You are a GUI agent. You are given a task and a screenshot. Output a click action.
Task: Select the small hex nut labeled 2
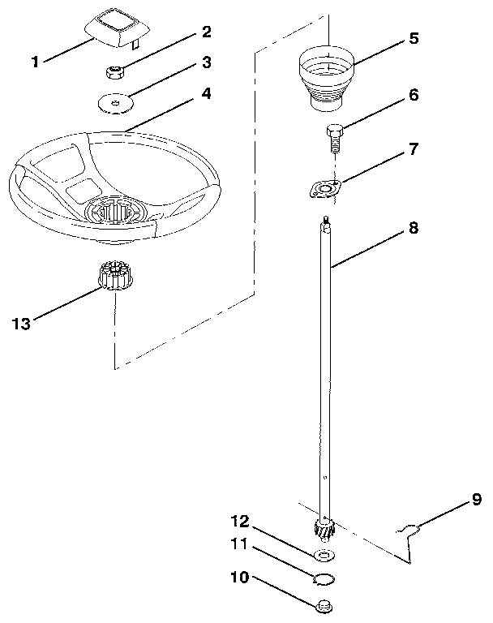coord(115,71)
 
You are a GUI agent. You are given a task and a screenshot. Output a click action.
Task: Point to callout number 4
coord(206,93)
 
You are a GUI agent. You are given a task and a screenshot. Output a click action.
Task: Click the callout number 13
coord(24,323)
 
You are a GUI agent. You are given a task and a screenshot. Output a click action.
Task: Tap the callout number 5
coord(413,37)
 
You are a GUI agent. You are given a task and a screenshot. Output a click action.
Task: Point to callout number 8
coord(413,229)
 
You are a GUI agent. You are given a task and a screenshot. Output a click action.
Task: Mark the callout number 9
coord(477,501)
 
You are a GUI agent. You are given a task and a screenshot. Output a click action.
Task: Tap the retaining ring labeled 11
coord(324,578)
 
